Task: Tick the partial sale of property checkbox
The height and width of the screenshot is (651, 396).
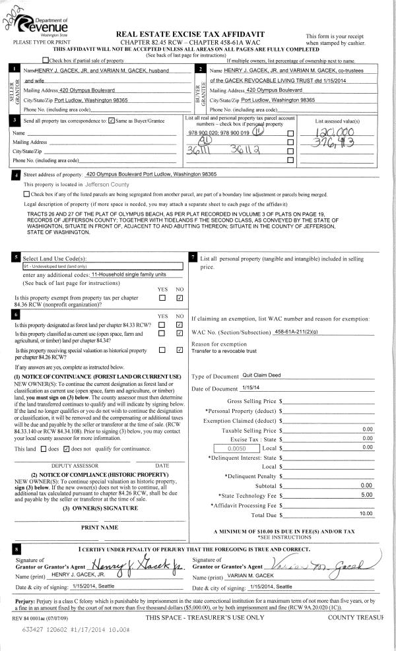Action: tap(64, 61)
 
